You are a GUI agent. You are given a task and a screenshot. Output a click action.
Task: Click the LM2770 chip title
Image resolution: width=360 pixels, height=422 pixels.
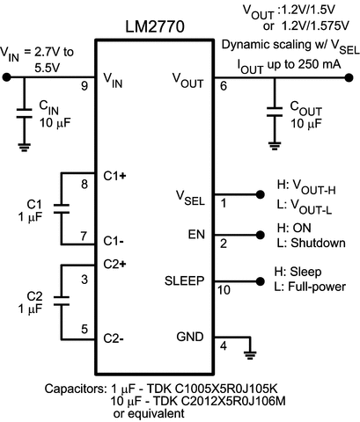coord(155,26)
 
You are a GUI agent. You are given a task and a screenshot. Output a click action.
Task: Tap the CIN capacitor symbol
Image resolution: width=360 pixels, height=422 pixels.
coord(24,113)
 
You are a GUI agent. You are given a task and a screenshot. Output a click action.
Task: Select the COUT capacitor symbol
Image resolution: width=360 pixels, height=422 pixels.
coord(275,112)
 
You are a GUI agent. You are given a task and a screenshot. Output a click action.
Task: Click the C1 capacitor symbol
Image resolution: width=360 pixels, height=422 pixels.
coord(62,208)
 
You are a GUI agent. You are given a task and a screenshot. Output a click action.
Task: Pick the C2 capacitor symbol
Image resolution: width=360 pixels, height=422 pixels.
coord(62,301)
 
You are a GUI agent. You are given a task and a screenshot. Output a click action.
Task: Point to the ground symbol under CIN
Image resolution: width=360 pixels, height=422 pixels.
coord(24,148)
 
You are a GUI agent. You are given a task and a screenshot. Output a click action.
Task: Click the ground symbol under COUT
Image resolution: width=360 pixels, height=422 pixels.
coord(275,146)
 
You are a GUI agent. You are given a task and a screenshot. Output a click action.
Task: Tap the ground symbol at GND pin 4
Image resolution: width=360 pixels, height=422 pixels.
coord(250,355)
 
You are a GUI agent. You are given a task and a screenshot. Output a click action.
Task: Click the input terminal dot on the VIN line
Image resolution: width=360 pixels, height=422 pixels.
coord(6,77)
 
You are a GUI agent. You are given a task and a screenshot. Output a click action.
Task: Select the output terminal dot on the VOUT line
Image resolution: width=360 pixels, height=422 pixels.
coord(349,77)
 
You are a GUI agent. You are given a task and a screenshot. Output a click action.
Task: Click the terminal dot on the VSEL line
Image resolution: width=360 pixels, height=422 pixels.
coord(260,194)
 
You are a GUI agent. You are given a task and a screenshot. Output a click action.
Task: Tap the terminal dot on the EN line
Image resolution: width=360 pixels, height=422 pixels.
coord(260,235)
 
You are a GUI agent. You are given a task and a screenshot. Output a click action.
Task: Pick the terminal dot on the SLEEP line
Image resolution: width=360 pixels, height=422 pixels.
coord(260,281)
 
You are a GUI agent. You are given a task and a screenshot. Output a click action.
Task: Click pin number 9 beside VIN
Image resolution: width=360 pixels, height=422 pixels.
coord(84,86)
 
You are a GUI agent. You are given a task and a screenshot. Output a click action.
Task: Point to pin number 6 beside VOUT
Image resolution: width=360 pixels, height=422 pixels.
coord(224,86)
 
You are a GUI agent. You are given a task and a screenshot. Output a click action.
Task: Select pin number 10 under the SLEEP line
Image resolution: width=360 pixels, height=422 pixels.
coord(224,290)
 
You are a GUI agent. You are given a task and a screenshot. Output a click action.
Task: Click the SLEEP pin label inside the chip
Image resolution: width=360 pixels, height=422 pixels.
coord(184,280)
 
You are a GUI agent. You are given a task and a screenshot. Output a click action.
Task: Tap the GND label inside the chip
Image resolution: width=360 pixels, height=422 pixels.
coord(190,337)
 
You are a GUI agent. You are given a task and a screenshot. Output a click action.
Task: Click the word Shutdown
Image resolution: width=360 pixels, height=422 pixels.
coord(318,243)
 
